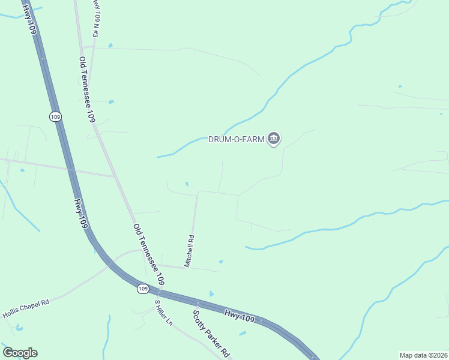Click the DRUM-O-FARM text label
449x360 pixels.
click(x=236, y=139)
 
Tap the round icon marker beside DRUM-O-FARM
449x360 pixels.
click(x=274, y=139)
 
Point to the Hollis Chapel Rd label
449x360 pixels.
click(x=25, y=308)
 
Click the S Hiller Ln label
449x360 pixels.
click(x=163, y=313)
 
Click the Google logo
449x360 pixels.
click(x=20, y=352)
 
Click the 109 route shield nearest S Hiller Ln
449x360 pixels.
click(x=142, y=289)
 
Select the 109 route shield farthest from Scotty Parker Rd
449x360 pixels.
click(x=56, y=117)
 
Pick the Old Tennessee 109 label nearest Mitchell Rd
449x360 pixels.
click(x=148, y=254)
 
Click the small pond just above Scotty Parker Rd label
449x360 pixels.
click(x=211, y=293)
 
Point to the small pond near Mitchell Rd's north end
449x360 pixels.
click(x=187, y=184)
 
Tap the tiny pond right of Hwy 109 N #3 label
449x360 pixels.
click(x=110, y=45)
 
